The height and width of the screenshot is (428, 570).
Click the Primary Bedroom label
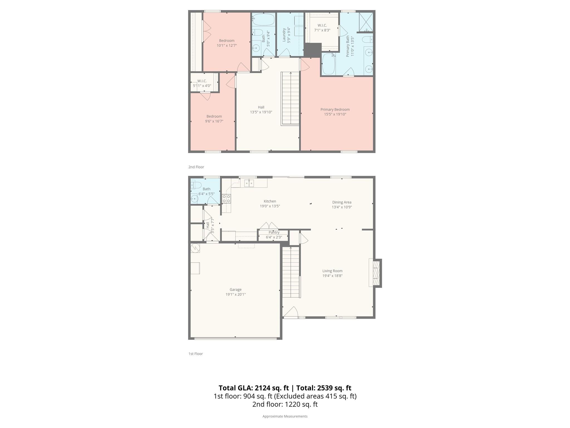pos(335,110)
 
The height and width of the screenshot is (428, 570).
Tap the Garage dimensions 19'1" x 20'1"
pos(235,295)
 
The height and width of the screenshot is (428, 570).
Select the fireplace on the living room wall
pos(376,273)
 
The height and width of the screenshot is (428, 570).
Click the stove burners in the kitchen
pos(226,199)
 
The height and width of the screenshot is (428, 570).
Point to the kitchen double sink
pos(249,183)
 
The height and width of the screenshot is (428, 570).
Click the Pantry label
pos(274,232)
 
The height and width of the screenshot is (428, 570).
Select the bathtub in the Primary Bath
pos(328,64)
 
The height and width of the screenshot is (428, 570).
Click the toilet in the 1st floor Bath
pos(196,185)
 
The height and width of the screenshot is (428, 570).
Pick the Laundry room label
pos(284,35)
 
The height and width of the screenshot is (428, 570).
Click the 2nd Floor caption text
pos(196,167)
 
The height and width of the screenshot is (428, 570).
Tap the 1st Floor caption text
pos(195,354)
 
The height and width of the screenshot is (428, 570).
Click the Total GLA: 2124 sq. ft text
pos(254,388)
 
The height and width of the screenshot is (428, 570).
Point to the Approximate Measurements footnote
pos(285,416)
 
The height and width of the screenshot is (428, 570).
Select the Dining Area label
pos(341,202)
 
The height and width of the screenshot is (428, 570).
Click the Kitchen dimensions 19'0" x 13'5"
pos(270,206)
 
